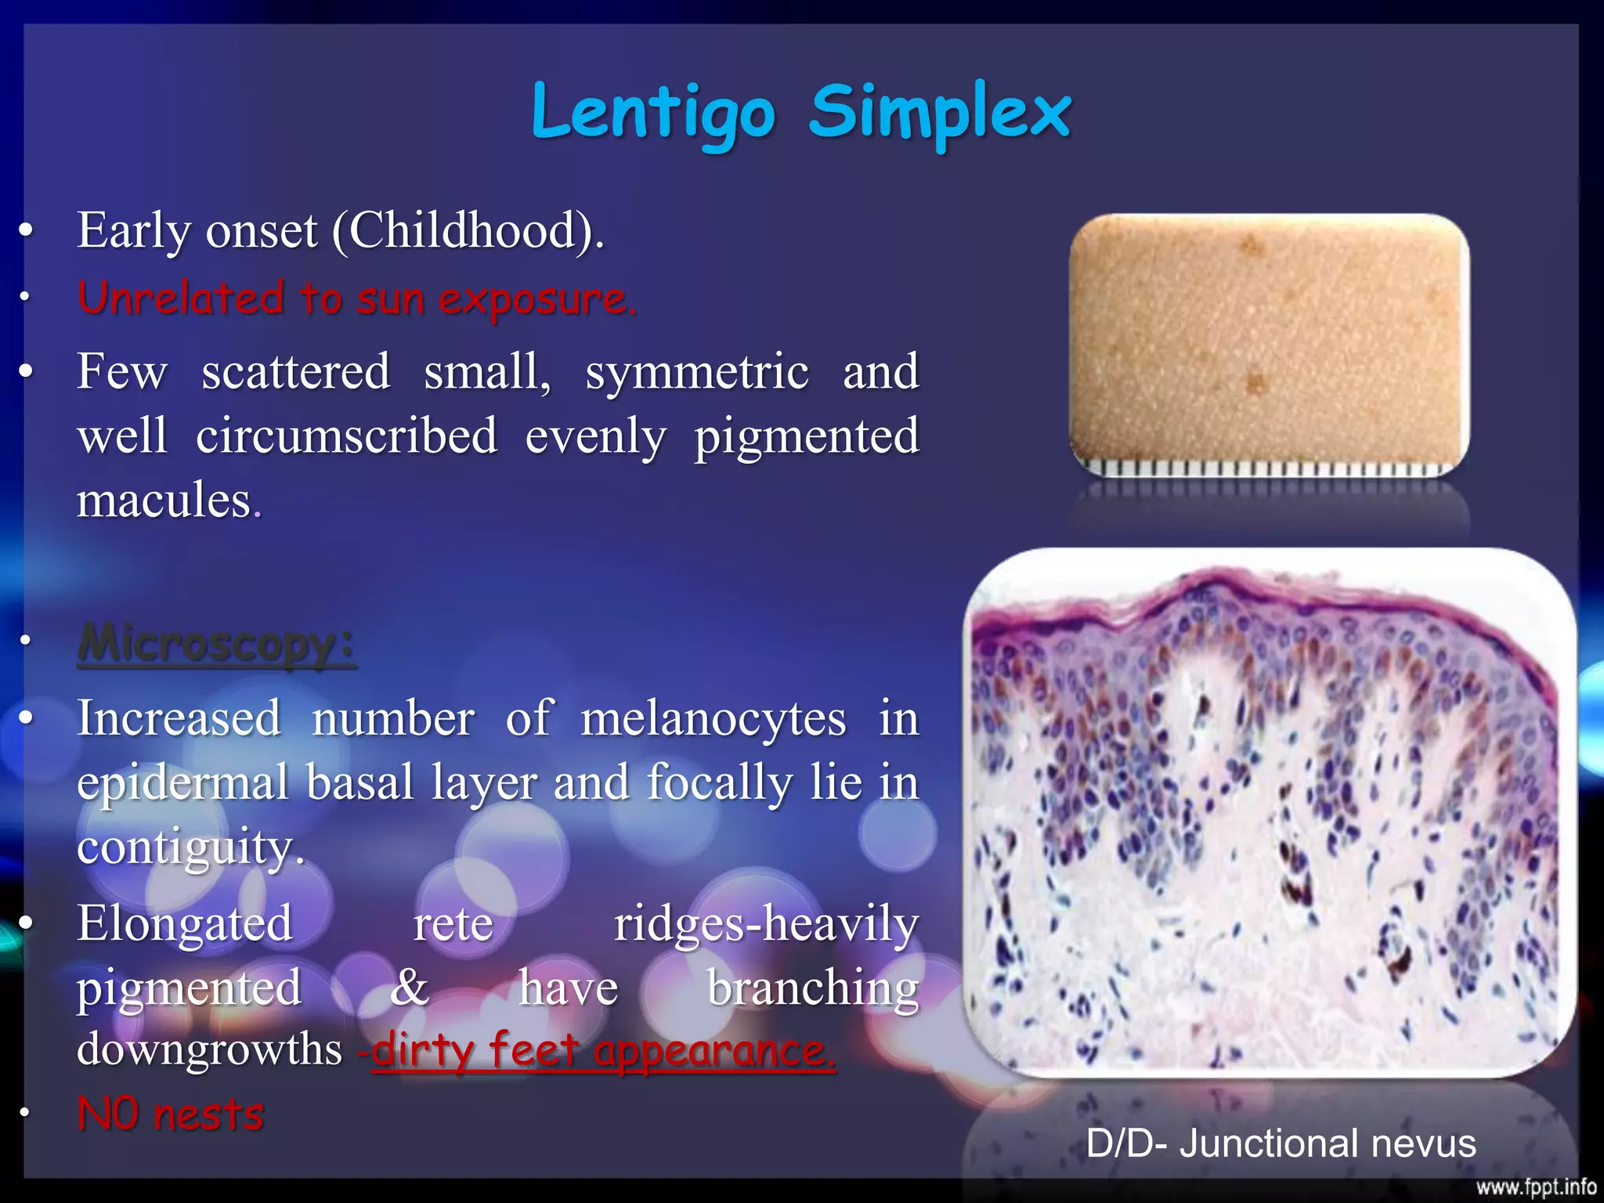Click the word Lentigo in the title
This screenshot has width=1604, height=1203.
[x=653, y=114]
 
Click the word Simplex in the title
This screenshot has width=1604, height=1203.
[x=940, y=114]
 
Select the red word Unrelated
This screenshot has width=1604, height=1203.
[x=180, y=298]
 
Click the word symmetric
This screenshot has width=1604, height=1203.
[x=697, y=371]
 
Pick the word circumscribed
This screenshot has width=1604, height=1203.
[x=346, y=435]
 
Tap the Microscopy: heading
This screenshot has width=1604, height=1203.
[x=217, y=644]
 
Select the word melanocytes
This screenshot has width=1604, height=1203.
[x=713, y=718]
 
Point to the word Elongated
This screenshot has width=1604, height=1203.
[x=185, y=923]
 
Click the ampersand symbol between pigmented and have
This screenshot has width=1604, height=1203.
[x=410, y=988]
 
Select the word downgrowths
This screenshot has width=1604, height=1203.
[x=210, y=1050]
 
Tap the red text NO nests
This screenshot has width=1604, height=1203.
[x=171, y=1114]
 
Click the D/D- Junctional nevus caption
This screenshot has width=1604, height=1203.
[x=1281, y=1143]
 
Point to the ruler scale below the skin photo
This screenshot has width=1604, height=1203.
[x=1269, y=469]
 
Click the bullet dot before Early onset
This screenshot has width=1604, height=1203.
[x=27, y=230]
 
